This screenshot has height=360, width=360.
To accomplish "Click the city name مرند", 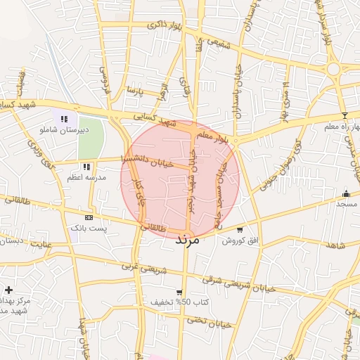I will (187, 240).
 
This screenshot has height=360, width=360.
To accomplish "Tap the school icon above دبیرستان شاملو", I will (64, 120).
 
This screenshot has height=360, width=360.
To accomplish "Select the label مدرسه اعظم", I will (86, 179).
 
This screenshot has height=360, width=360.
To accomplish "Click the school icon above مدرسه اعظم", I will (86, 167).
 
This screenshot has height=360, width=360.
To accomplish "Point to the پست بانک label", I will (88, 229).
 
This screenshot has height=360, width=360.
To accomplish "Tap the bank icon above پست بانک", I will (88, 218).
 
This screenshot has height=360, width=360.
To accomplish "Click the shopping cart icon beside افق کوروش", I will (240, 230).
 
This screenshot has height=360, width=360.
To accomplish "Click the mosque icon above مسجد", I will (345, 193).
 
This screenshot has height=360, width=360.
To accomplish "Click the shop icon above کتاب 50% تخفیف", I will (180, 292).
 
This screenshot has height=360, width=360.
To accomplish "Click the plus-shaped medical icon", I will (8, 290).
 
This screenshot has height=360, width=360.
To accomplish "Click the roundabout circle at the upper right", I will (333, 69).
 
